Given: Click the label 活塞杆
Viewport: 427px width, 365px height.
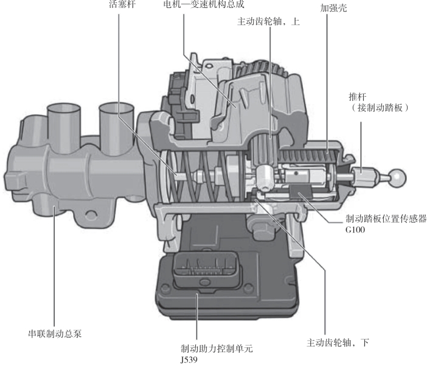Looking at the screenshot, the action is pos(122,4).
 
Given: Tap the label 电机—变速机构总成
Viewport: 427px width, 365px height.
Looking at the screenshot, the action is pos(203,4).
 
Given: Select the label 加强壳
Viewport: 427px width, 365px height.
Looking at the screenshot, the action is pos(333,8).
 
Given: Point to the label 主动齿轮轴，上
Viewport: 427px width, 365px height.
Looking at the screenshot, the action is pos(268,21).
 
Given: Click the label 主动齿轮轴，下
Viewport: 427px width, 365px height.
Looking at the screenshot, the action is pos(338,342).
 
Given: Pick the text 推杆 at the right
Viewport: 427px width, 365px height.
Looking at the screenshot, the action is pos(358,97).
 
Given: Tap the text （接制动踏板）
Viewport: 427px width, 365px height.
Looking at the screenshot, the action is pos(380,108).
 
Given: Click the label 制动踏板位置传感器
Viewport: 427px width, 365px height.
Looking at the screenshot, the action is pos(386,218).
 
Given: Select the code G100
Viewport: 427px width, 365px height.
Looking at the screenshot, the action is pos(355,230).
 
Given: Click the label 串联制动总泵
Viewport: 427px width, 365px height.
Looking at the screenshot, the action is pos(55,334).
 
